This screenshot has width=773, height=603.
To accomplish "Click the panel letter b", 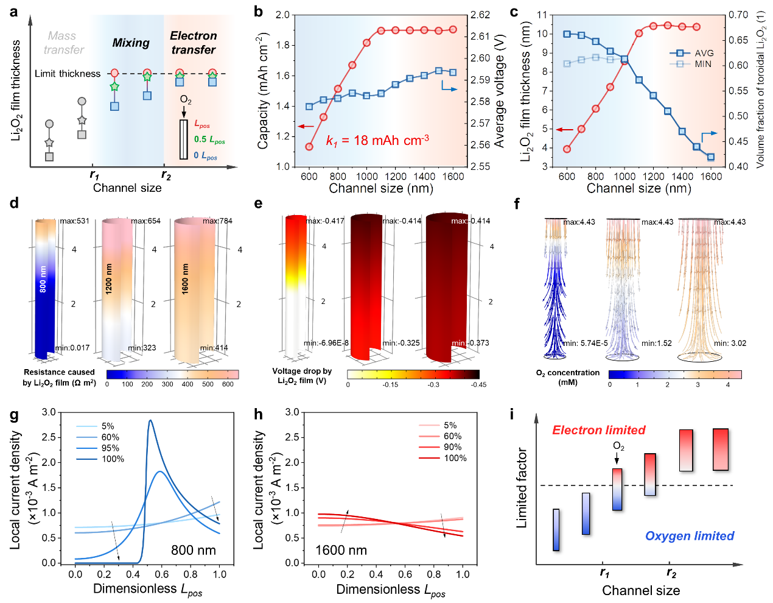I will pyautogui.click(x=259, y=12).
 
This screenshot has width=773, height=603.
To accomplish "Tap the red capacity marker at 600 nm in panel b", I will pyautogui.click(x=309, y=147).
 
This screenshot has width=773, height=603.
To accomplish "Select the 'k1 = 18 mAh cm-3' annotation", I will pyautogui.click(x=377, y=141).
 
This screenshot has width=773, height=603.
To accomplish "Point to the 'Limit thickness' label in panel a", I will pyautogui.click(x=68, y=74).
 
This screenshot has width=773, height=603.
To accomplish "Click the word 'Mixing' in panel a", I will pyautogui.click(x=131, y=43).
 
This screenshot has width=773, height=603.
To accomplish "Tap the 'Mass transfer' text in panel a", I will pyautogui.click(x=63, y=43).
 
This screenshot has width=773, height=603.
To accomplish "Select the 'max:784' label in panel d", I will pyautogui.click(x=217, y=221).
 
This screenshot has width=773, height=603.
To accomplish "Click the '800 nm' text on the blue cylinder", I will pyautogui.click(x=43, y=278).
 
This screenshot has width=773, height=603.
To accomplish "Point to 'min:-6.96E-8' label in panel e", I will pyautogui.click(x=326, y=343).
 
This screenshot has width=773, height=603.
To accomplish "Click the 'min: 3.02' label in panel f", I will pyautogui.click(x=730, y=344).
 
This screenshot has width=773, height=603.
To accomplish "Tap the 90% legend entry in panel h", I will pyautogui.click(x=452, y=447).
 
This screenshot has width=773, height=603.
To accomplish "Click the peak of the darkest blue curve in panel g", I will pyautogui.click(x=150, y=420).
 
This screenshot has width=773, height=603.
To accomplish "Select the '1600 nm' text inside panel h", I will pyautogui.click(x=341, y=551).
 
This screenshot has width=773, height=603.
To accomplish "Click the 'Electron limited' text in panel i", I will pyautogui.click(x=598, y=431).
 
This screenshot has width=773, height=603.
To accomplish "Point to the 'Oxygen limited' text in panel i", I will pyautogui.click(x=690, y=536).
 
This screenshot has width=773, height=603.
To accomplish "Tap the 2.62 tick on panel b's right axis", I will pyautogui.click(x=480, y=15).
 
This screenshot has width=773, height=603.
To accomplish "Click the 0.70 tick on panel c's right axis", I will pyautogui.click(x=738, y=15).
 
